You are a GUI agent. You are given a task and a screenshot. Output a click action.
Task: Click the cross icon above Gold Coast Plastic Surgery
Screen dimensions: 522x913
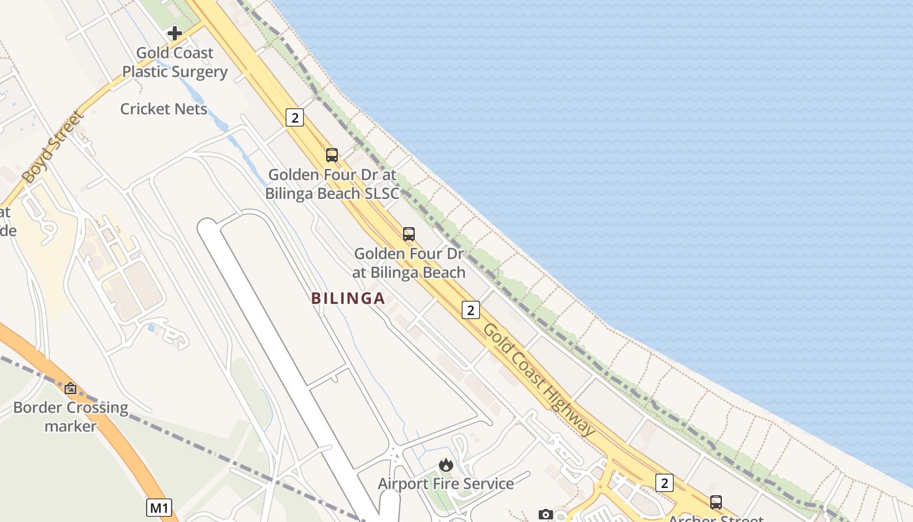tap(174, 33)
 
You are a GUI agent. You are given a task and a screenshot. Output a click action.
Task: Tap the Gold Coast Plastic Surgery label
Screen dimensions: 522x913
tap(175, 63)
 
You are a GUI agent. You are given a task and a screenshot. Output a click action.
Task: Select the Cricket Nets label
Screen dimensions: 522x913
tap(164, 109)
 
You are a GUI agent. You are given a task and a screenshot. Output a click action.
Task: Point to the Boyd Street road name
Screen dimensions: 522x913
tap(53, 147)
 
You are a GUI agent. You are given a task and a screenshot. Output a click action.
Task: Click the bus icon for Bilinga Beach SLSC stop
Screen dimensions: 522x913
tap(332, 155)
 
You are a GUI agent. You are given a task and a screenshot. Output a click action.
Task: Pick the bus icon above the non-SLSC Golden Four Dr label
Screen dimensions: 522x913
tap(408, 234)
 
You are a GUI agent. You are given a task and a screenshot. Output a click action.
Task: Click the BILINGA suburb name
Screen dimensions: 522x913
tap(348, 299)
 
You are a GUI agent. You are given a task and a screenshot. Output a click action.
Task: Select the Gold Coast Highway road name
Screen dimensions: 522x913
tap(539, 380)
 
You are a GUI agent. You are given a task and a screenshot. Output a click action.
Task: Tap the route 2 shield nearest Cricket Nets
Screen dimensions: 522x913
tap(295, 117)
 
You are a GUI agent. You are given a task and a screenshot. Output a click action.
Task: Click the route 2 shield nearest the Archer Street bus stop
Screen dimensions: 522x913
tap(664, 483)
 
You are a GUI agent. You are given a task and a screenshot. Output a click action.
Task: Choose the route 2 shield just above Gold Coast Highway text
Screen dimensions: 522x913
tap(470, 310)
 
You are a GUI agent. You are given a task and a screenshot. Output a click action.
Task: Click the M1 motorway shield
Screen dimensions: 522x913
tap(159, 508)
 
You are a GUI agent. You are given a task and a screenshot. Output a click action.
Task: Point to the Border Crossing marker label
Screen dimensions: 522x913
tap(70, 417)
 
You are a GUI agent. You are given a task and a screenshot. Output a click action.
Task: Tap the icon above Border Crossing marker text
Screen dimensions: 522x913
tap(70, 389)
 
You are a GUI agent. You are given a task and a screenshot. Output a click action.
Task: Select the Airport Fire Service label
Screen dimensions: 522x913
tap(446, 484)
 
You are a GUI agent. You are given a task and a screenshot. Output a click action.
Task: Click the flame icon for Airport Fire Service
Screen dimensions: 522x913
tap(446, 465)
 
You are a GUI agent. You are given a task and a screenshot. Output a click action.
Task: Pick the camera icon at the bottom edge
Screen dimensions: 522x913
tap(546, 515)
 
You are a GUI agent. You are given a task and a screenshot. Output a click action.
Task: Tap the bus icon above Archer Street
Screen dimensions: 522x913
tap(716, 502)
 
